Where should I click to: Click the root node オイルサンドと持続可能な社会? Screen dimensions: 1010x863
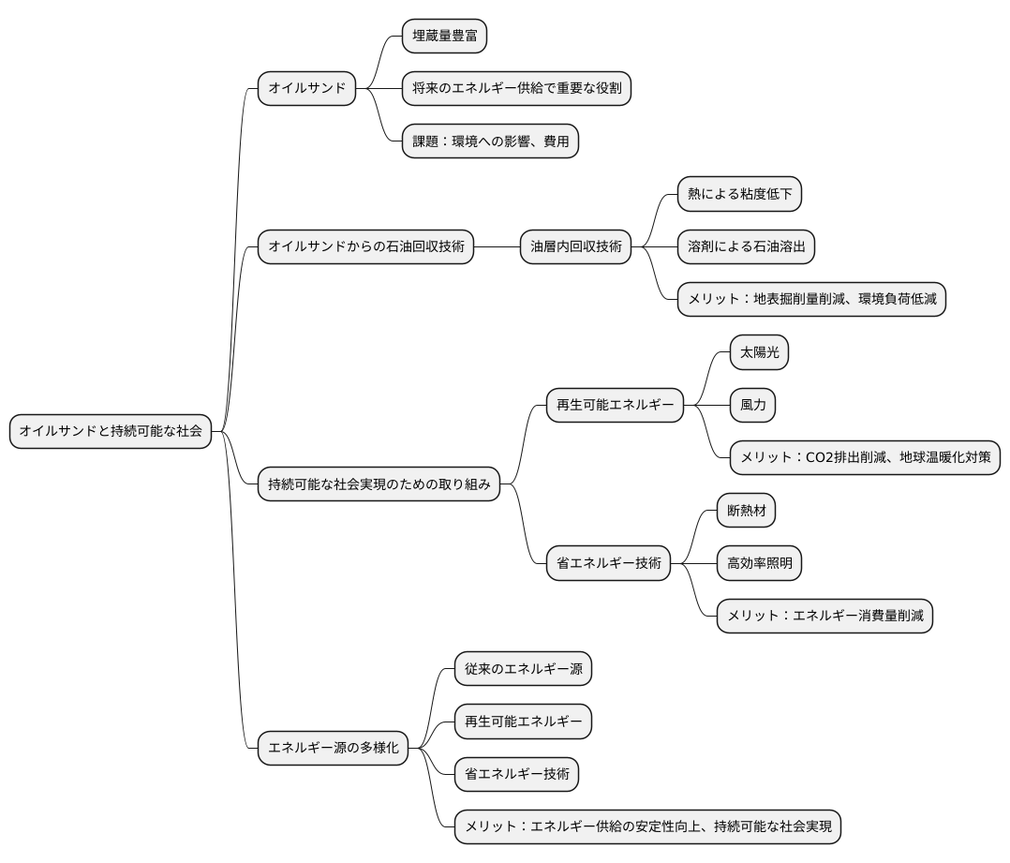click(111, 431)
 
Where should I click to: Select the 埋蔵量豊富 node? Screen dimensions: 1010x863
click(444, 36)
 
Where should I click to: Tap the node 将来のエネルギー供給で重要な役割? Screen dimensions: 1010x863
click(516, 89)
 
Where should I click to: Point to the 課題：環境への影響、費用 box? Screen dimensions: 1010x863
click(490, 141)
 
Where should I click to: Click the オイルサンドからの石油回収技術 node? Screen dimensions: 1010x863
click(365, 246)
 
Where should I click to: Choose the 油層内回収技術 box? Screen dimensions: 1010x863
click(576, 246)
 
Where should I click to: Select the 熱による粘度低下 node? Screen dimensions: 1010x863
click(739, 194)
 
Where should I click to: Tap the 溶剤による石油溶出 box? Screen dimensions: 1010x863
click(746, 246)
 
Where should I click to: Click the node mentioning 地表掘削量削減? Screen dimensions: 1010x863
click(811, 300)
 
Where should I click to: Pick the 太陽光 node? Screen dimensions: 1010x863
click(760, 353)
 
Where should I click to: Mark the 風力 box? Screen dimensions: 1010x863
click(752, 405)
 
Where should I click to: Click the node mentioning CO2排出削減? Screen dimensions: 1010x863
click(865, 458)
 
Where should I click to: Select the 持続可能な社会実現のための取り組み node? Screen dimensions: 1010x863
click(379, 484)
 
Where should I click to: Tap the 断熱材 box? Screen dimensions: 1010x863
click(746, 511)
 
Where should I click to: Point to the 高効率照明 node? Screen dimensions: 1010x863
click(759, 563)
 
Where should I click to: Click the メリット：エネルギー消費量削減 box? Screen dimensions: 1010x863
click(824, 617)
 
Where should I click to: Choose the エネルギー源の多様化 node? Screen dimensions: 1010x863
click(333, 749)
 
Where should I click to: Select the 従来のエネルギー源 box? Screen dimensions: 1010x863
click(523, 669)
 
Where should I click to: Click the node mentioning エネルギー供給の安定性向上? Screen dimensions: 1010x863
click(647, 827)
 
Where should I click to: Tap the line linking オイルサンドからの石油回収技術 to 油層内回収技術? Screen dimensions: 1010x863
click(497, 246)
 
